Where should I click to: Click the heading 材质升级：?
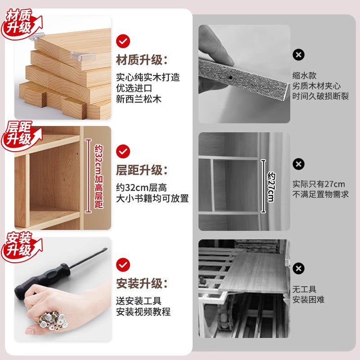pos(141,60)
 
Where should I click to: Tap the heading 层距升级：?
pos(141,171)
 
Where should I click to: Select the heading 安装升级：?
pos(141,283)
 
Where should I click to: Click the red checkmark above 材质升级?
pos(123,40)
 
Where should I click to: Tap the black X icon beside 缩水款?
pos(298,55)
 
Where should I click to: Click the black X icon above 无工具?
pos(298,269)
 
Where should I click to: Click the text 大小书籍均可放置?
pos(152,198)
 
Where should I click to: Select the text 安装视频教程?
pos(143,311)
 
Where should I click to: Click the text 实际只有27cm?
pos(318,184)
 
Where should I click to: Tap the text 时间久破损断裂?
pos(320,96)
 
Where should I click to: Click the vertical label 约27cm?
pos(270,186)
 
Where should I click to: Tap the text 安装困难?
pos(308,300)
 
